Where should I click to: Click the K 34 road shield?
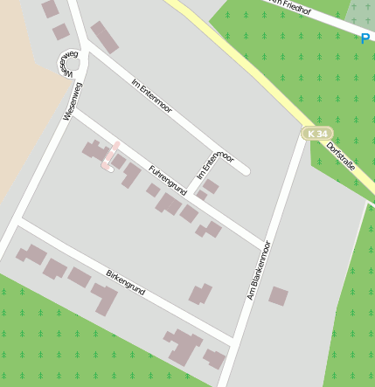tap(317, 134)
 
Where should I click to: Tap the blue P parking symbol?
tap(365, 38)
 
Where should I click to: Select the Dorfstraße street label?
tap(341, 155)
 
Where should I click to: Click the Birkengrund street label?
tap(125, 281)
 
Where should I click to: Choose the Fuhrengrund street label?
tap(168, 178)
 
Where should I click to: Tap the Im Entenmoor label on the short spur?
tap(215, 164)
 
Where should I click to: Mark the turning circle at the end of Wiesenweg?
tap(73, 63)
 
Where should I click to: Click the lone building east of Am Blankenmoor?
tap(278, 296)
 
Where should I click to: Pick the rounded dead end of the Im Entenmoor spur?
tap(245, 171)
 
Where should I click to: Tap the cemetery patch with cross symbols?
tap(358, 12)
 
